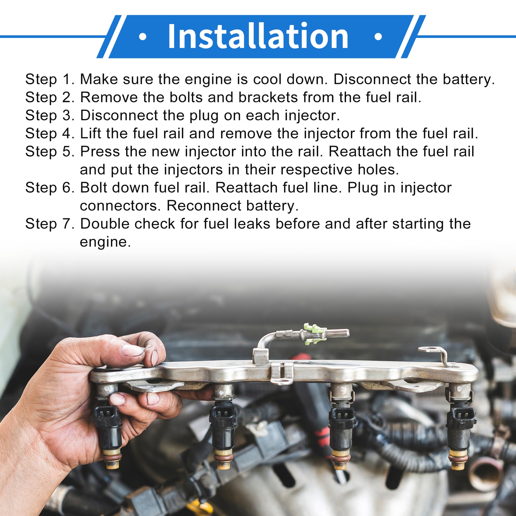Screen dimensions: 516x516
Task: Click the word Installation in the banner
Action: tap(258, 36)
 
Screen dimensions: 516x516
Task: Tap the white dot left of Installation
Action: tap(142, 37)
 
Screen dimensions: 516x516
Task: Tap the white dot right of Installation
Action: tap(378, 37)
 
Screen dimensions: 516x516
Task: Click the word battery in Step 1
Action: tap(468, 79)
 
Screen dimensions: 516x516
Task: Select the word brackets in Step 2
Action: tap(268, 97)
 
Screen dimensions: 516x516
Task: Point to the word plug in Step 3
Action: tap(204, 116)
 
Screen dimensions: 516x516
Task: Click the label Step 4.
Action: tap(50, 134)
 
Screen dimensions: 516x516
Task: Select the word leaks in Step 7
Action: tap(252, 224)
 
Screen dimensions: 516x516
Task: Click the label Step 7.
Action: tap(50, 224)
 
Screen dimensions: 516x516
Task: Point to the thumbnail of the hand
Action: tap(132, 350)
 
